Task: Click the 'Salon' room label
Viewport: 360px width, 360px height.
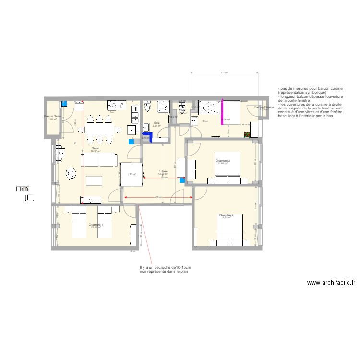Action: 95,148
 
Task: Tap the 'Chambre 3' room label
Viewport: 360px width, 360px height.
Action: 223,161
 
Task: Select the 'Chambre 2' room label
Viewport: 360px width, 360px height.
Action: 226,215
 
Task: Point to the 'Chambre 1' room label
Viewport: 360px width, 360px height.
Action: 96,225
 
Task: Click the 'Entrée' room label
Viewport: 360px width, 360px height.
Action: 163,171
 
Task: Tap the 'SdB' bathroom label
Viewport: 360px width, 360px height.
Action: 156,123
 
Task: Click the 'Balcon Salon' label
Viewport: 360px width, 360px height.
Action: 53,117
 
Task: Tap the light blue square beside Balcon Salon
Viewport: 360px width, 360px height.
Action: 64,103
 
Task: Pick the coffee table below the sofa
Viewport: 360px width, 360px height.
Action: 95,180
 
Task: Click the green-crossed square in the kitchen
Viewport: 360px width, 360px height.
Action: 247,134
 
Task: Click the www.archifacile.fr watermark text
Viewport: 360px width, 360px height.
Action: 331,283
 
